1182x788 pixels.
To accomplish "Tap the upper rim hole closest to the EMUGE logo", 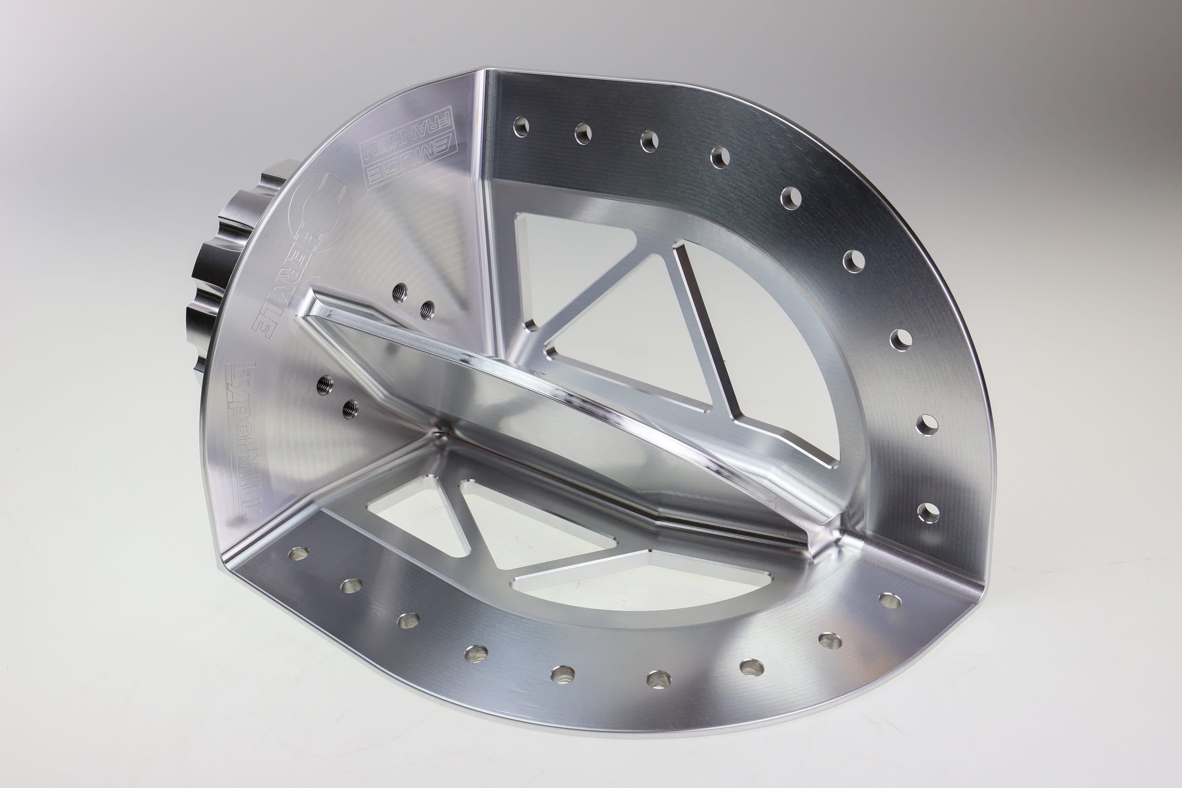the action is (x=521, y=127).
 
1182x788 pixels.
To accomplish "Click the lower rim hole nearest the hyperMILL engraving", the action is (x=298, y=553).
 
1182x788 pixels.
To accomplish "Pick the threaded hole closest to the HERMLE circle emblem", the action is (x=399, y=292).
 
